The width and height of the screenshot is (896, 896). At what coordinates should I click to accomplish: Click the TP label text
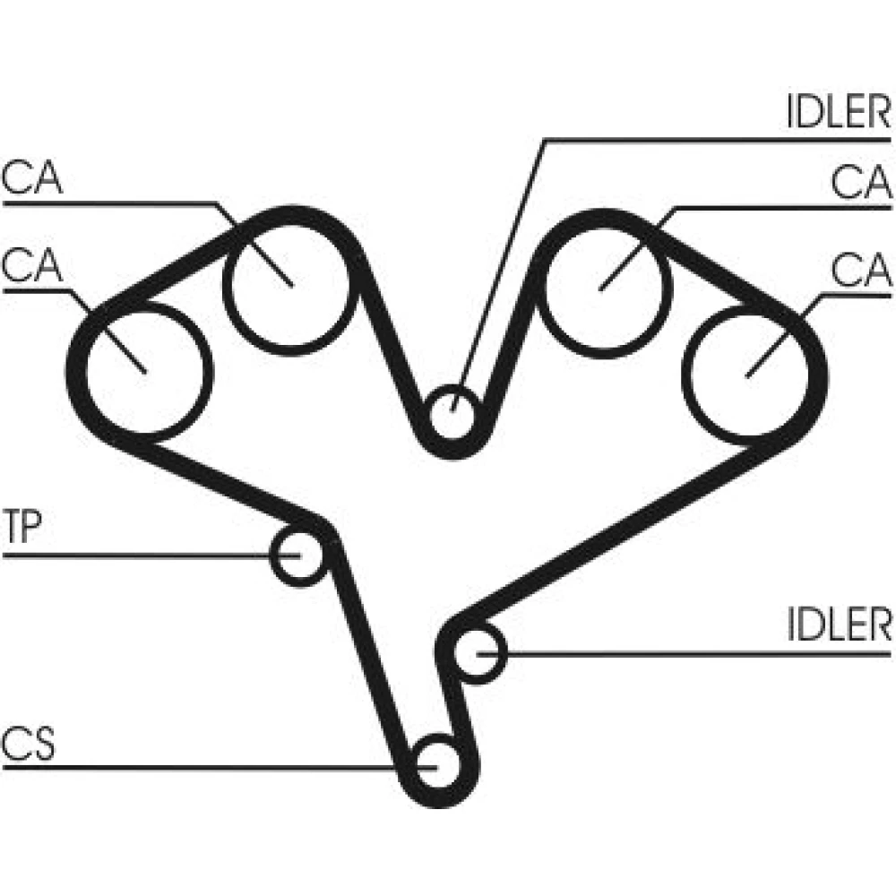tap(22, 526)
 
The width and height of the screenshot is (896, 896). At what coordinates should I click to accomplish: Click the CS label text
tap(28, 743)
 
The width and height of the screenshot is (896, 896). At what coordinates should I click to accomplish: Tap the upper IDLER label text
tap(839, 111)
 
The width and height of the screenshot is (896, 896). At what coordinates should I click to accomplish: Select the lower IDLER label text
tap(839, 624)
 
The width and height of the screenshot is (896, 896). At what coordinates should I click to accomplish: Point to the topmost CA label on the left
tap(31, 177)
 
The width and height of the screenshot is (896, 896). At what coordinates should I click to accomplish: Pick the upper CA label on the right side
tap(861, 182)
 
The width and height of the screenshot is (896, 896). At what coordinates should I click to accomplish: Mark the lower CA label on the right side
tap(861, 270)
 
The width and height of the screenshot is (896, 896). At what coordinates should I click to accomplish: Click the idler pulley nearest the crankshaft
tap(478, 652)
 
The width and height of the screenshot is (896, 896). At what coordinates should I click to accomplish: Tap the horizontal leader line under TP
tap(151, 556)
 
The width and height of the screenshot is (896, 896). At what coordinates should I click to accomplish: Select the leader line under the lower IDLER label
tap(684, 653)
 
